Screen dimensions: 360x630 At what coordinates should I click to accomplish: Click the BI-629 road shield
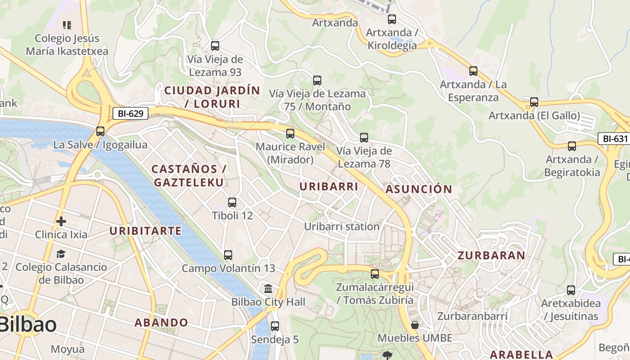point(130,113)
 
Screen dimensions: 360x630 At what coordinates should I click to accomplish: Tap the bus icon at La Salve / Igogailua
point(100,131)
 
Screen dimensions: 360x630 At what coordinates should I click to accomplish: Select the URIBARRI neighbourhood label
point(328,186)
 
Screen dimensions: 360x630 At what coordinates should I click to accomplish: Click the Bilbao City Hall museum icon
point(269,288)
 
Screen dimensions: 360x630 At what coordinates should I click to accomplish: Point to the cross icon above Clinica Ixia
point(61,221)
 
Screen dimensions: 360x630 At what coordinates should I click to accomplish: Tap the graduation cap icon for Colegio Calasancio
point(61,254)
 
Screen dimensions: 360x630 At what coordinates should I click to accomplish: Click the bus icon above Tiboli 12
point(232,202)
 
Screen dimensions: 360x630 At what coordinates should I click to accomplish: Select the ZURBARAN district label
point(491,256)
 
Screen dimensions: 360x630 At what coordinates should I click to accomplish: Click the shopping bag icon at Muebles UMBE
point(415,325)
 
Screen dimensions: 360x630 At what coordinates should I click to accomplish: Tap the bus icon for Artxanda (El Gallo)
point(534,102)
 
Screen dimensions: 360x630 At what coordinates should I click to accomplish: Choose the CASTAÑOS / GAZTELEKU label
point(189,176)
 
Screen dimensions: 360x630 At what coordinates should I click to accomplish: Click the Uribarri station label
point(342,226)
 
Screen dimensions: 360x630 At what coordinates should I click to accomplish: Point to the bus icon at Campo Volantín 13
point(228,255)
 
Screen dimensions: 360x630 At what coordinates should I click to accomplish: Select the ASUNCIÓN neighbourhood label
point(418,189)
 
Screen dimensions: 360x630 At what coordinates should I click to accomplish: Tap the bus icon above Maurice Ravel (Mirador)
point(290,134)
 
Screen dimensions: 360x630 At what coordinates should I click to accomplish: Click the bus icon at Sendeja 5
point(275,326)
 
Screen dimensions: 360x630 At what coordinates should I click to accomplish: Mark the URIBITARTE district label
point(146,231)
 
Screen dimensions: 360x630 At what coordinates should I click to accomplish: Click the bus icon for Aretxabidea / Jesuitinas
point(571,290)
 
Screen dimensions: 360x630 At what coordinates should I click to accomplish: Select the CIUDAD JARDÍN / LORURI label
point(212,97)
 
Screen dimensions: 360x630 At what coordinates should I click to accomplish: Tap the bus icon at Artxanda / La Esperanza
point(473,71)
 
